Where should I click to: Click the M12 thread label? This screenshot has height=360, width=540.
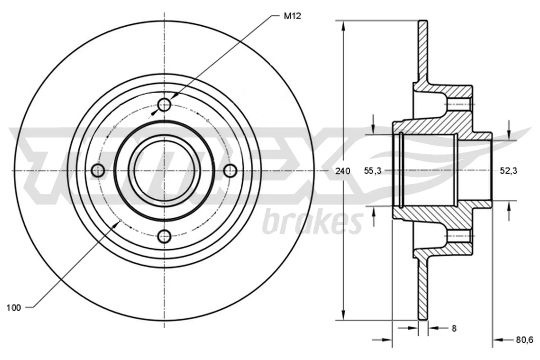(292, 16)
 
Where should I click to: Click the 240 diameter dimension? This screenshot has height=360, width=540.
(343, 171)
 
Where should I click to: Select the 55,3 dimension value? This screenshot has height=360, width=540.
(372, 171)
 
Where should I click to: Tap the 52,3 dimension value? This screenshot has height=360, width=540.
(508, 171)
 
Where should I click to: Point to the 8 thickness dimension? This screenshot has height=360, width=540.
(454, 328)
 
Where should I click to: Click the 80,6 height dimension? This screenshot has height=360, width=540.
(524, 340)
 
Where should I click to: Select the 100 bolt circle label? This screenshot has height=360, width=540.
(13, 308)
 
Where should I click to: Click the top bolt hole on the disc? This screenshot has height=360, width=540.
(165, 105)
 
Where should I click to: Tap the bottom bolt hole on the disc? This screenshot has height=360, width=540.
(165, 236)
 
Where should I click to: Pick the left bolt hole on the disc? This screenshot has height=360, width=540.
(98, 171)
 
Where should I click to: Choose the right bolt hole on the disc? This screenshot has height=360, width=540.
(231, 171)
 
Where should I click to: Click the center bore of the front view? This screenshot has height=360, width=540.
(165, 171)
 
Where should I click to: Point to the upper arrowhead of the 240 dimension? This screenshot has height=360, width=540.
(344, 26)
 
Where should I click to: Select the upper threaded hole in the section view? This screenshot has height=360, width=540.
(458, 104)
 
